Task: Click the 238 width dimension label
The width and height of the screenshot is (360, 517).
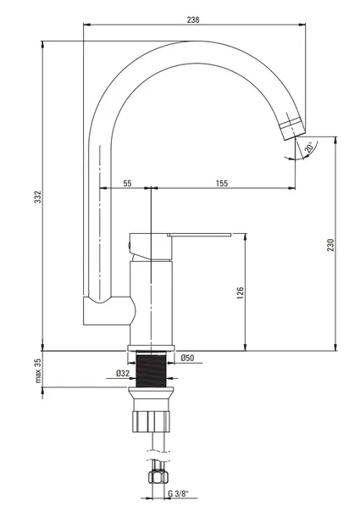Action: tap(193, 19)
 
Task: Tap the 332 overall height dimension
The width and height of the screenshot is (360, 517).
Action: tap(38, 197)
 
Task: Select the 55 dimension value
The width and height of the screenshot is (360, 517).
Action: tap(127, 183)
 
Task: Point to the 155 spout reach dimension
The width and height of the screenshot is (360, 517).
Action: tap(222, 183)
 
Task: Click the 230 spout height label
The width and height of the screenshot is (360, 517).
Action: tap(330, 245)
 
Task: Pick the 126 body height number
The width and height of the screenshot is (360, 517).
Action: tap(241, 293)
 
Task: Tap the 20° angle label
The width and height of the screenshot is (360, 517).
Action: tap(309, 147)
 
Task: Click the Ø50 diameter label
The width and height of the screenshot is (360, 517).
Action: tap(187, 358)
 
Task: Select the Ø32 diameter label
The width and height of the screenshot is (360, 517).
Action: tap(122, 373)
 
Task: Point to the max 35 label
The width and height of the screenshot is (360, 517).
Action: tap(38, 370)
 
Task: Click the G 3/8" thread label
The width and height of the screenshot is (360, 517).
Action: tap(178, 493)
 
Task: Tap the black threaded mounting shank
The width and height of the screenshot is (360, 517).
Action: tap(151, 370)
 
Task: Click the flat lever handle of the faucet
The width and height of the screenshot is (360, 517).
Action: tap(199, 235)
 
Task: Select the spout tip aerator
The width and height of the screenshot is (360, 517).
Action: tap(293, 129)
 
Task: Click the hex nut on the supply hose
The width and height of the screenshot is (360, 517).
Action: tap(158, 476)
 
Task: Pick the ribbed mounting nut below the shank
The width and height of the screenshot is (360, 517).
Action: tap(151, 421)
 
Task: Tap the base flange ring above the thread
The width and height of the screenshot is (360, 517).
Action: tap(151, 347)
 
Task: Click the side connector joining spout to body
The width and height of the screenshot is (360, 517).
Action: tap(109, 310)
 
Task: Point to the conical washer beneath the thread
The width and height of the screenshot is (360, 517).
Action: tap(151, 393)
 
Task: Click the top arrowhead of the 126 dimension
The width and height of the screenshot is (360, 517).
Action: tap(245, 236)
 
